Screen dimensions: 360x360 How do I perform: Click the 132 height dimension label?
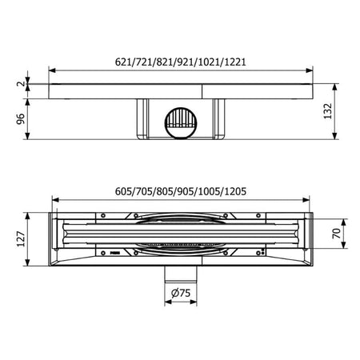327,111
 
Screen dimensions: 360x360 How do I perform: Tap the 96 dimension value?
21,119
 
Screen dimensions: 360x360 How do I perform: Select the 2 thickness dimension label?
21,83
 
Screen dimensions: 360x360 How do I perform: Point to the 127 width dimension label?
21,239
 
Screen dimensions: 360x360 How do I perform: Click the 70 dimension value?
337,234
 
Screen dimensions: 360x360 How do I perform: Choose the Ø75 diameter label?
181,293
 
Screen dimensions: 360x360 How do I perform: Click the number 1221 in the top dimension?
235,62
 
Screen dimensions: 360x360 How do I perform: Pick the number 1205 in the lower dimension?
235,191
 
